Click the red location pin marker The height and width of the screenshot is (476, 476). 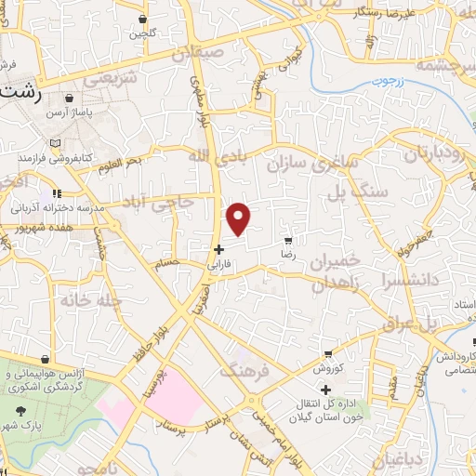[239, 218]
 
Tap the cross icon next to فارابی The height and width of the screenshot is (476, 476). [218, 249]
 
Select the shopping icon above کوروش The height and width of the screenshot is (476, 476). [328, 355]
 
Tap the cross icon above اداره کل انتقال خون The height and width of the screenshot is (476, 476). [324, 390]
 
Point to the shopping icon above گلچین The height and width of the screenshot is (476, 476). [141, 19]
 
